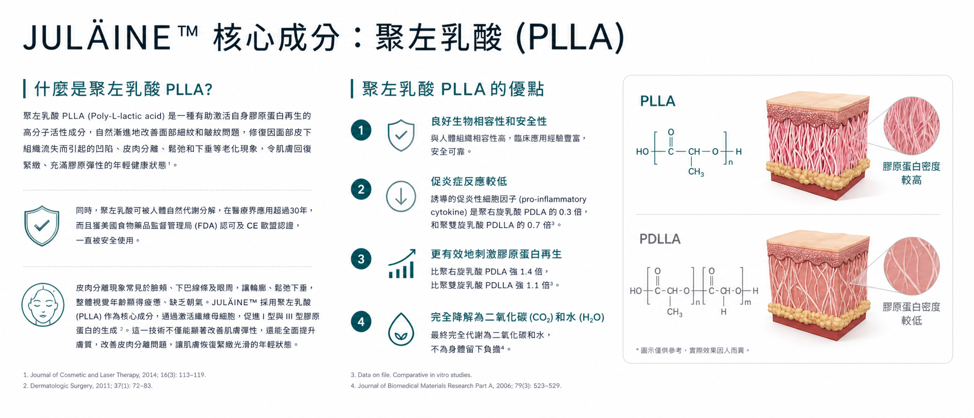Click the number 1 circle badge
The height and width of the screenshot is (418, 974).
pyautogui.click(x=361, y=130)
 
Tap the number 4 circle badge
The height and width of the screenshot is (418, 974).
pyautogui.click(x=361, y=322)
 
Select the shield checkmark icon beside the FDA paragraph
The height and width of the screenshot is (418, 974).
pyautogui.click(x=42, y=226)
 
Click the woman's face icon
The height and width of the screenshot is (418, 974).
pyautogui.click(x=43, y=305)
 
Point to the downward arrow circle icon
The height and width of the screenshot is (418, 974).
pyautogui.click(x=401, y=196)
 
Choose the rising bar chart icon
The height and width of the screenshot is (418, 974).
pyautogui.click(x=402, y=264)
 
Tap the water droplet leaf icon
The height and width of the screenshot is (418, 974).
pyautogui.click(x=401, y=329)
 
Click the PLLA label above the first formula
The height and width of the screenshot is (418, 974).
pyautogui.click(x=658, y=101)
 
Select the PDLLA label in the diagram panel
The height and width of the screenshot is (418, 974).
pyautogui.click(x=660, y=239)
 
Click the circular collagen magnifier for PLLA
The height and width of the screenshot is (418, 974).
pyautogui.click(x=911, y=126)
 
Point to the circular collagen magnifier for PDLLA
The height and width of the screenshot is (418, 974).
pyautogui.click(x=911, y=266)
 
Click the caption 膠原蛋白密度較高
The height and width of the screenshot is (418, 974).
pyautogui.click(x=911, y=173)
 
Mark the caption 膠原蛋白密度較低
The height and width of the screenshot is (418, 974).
pyautogui.click(x=911, y=314)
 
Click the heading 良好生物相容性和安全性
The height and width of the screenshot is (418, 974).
pyautogui.click(x=489, y=121)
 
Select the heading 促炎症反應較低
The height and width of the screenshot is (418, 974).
pyautogui.click(x=469, y=181)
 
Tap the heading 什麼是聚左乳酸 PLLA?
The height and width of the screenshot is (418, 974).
pyautogui.click(x=123, y=89)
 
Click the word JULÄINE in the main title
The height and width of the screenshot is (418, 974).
pyautogui.click(x=97, y=37)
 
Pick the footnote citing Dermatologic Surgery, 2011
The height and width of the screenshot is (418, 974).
pyautogui.click(x=88, y=386)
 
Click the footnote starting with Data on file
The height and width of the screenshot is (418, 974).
pyautogui.click(x=411, y=375)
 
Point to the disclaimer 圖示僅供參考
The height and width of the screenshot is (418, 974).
pyautogui.click(x=693, y=350)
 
